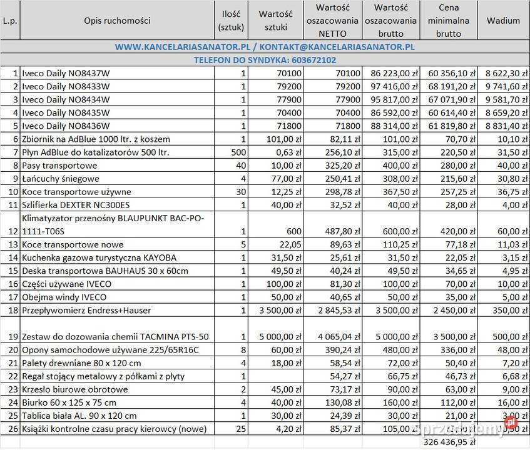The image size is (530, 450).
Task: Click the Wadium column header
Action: (503, 20)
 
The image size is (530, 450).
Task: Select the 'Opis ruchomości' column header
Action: (117, 20)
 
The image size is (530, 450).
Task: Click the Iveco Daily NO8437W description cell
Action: (66, 73)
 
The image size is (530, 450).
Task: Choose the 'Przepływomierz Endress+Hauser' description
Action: (86, 310)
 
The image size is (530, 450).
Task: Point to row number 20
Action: (12, 350)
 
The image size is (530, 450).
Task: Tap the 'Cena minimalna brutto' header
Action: (449, 20)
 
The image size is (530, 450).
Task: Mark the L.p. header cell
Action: (10, 20)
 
